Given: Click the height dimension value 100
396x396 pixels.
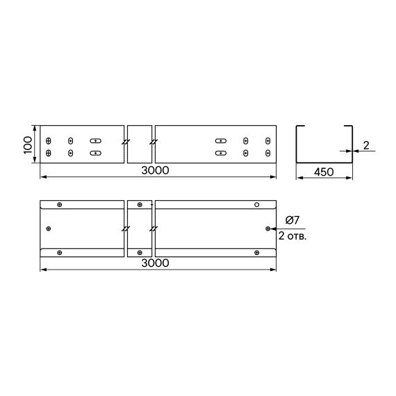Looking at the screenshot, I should (27, 145).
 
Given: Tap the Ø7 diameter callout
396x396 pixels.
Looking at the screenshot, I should (292, 221).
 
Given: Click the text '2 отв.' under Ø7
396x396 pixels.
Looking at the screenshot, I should (292, 236).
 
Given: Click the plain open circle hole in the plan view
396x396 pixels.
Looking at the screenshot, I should (256, 205).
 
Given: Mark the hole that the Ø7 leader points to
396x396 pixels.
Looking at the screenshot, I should (268, 228).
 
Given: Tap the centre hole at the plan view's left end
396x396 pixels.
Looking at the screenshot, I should (49, 228).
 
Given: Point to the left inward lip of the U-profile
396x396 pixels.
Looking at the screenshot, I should (301, 126).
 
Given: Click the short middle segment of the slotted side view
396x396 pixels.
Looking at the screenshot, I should (140, 145).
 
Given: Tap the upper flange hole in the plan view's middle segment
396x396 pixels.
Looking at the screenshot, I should (140, 205).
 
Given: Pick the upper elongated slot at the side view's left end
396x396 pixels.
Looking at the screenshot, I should (95, 140).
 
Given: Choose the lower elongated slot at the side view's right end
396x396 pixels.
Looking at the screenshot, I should (221, 152).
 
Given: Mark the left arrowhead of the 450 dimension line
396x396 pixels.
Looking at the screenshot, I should (299, 178).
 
